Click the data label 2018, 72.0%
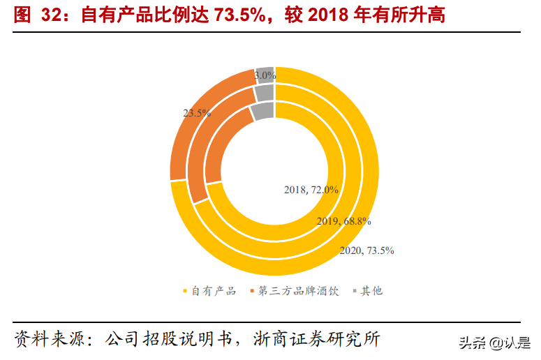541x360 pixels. pos(311,189)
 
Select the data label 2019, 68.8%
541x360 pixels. pos(343,221)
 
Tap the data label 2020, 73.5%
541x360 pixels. pos(366,250)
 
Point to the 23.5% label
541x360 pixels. pos(197,112)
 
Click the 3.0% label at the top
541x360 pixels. pos(265,75)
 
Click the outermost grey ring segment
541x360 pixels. pos(264,74)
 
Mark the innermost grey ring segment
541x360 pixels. pos(263,111)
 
